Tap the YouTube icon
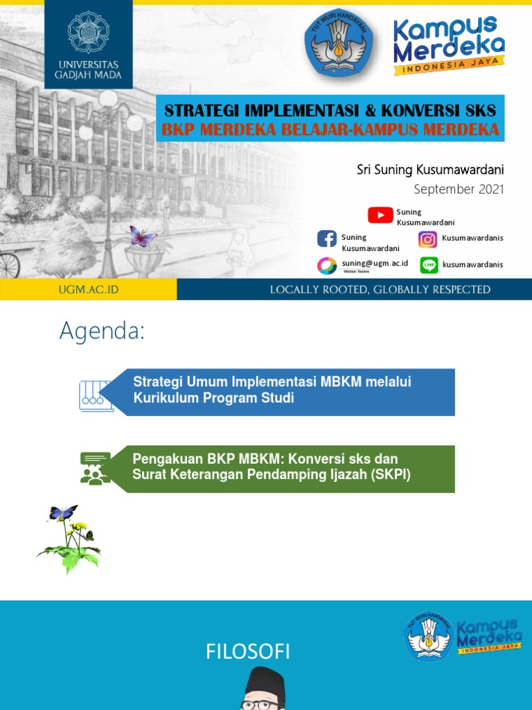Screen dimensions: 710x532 coord(380,215)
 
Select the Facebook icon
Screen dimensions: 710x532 coord(327,239)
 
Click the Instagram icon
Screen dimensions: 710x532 coord(428,239)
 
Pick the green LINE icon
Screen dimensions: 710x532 coord(429,265)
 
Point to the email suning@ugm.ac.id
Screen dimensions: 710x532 coord(375,263)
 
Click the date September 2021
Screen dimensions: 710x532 coord(459,189)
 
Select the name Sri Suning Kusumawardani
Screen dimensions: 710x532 coord(430,170)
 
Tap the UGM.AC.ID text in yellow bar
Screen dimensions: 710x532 coord(88,290)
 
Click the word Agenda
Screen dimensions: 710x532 coord(102,331)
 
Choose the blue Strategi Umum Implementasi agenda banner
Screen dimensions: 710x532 coord(291,392)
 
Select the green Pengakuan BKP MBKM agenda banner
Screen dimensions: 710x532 coord(291,469)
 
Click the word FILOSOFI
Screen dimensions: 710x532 coord(248,652)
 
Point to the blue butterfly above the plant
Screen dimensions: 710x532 coord(63,513)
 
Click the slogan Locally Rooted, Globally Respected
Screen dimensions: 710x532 coord(380,290)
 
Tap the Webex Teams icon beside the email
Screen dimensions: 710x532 coord(327,266)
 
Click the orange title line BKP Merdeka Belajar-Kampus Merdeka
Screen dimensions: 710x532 coord(330,130)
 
